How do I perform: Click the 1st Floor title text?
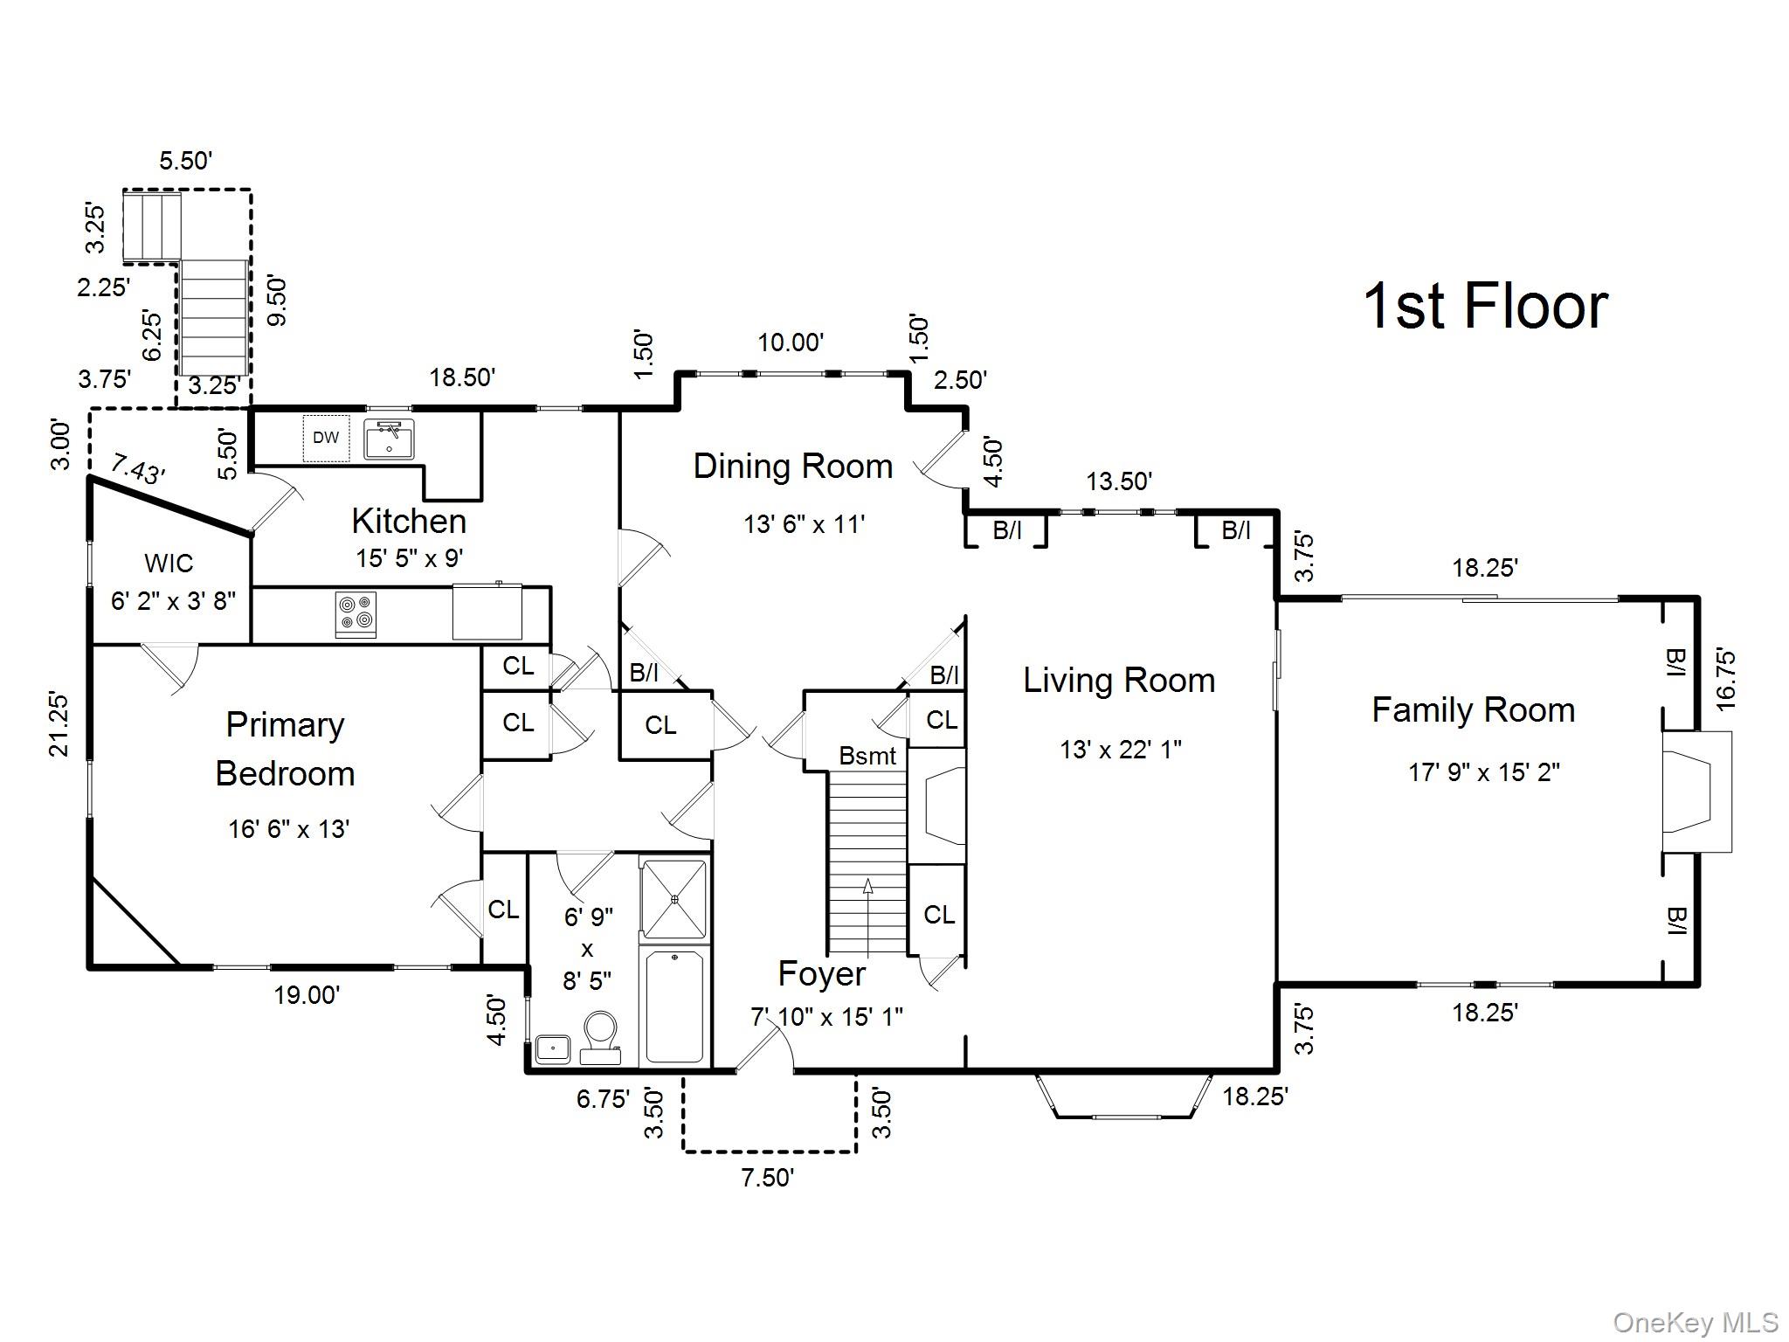coord(1484,306)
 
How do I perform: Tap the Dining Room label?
coord(792,467)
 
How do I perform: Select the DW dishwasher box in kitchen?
coord(326,438)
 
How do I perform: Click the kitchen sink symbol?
coord(389,439)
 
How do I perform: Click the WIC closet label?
coord(169,564)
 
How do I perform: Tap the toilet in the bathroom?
coord(600,1035)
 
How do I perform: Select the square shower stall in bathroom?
coord(673,898)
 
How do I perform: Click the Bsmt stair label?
coord(867,756)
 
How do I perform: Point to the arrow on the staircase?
coord(867,887)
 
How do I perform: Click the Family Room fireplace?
coord(1696,792)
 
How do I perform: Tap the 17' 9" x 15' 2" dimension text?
coord(1484,772)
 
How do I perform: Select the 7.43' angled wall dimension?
coord(138,470)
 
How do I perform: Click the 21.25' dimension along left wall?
coord(59,723)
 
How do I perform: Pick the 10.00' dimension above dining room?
coord(791,342)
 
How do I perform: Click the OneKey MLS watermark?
coord(1695,1322)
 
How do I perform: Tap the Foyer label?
coord(821,974)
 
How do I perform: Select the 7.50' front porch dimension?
coord(767,1178)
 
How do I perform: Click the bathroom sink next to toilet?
coord(553,1048)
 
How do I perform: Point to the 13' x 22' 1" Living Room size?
coord(1120,750)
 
